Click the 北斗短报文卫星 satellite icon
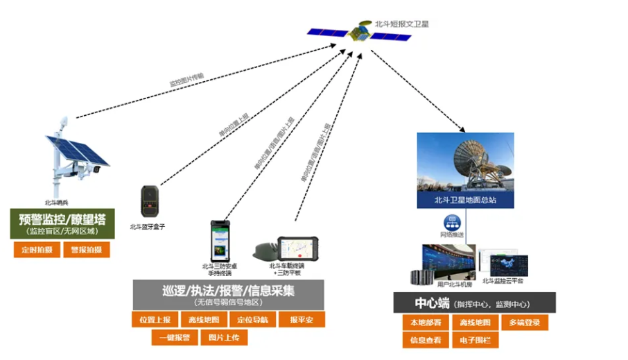tap(360, 32)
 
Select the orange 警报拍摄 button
tap(86, 250)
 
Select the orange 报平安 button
tap(302, 320)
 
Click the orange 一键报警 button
tap(175, 338)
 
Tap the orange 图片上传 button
tap(223, 338)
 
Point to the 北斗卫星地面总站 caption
tap(465, 201)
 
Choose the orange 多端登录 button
tap(524, 323)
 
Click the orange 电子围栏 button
tap(475, 341)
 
